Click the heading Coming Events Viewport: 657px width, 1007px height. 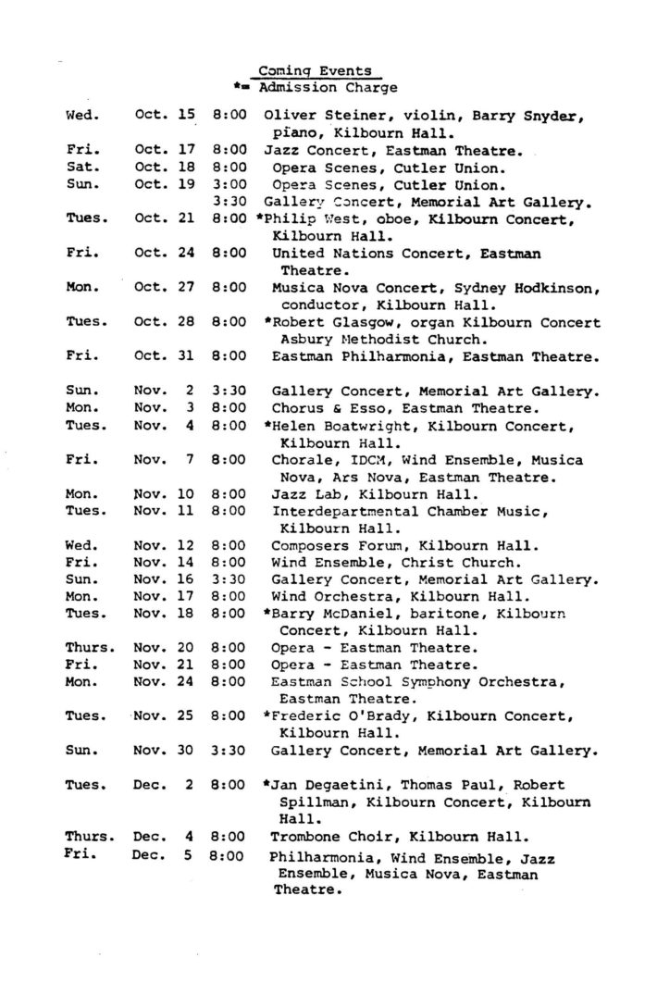coord(315,70)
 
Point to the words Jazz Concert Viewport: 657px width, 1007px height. coord(306,149)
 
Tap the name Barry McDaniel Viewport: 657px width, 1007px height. coord(325,613)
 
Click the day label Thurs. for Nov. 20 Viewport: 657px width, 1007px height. coord(90,647)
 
